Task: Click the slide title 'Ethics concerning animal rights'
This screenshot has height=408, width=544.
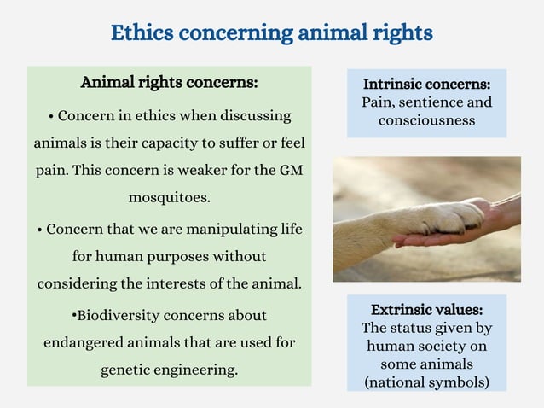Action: [x=272, y=32]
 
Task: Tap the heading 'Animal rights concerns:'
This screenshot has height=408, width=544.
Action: [x=169, y=83]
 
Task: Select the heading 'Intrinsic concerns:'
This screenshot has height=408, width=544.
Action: [x=426, y=85]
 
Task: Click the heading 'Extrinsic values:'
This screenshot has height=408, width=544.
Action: [x=426, y=309]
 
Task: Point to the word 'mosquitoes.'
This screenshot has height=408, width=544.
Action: [x=169, y=198]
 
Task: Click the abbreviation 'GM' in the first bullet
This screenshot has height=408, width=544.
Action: [x=291, y=170]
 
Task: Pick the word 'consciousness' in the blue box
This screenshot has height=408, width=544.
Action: [x=426, y=120]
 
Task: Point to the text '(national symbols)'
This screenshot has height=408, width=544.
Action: [x=426, y=382]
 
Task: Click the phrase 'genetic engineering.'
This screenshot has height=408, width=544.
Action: [x=169, y=370]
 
